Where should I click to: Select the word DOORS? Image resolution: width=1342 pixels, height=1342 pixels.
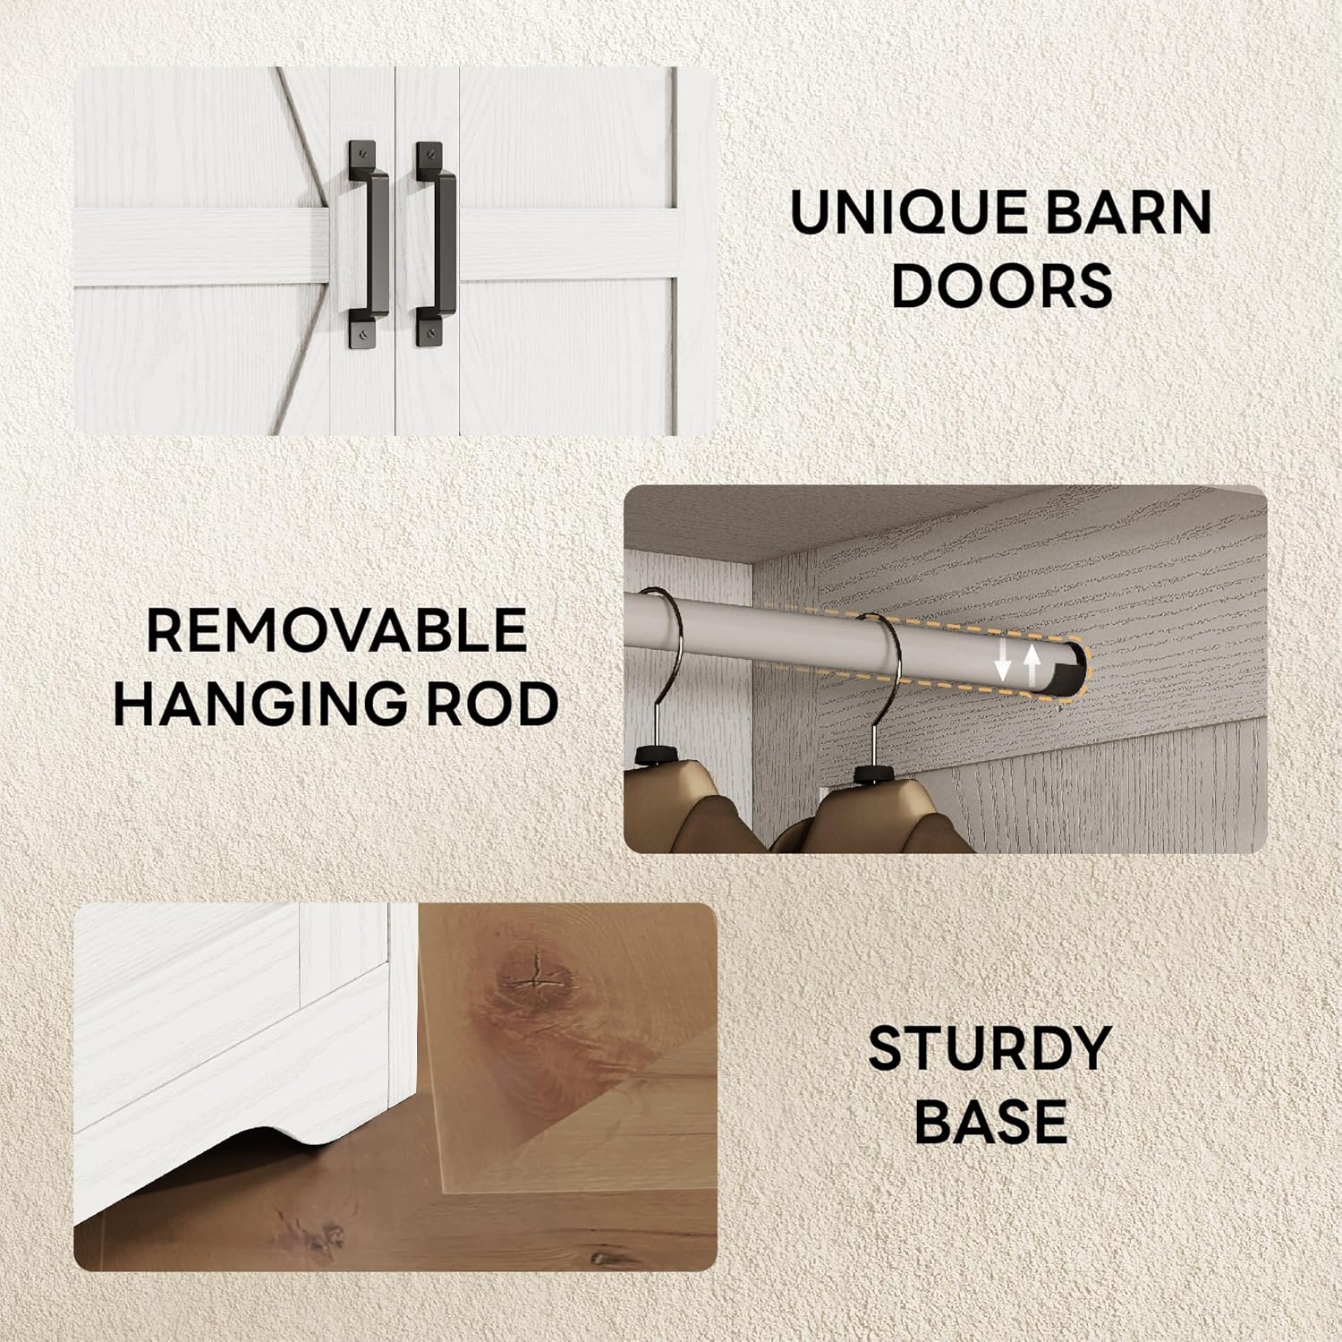pos(1002,285)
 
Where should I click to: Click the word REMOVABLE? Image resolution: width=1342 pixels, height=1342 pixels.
pos(336,630)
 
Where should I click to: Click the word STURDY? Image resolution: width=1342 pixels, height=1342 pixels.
pos(990,1048)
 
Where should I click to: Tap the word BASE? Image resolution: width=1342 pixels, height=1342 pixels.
pos(991,1121)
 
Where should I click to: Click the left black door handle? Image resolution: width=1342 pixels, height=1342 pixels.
pos(368,244)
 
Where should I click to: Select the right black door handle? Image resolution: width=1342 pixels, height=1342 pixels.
pos(435,244)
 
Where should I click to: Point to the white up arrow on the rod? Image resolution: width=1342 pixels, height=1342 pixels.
pos(1033,664)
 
